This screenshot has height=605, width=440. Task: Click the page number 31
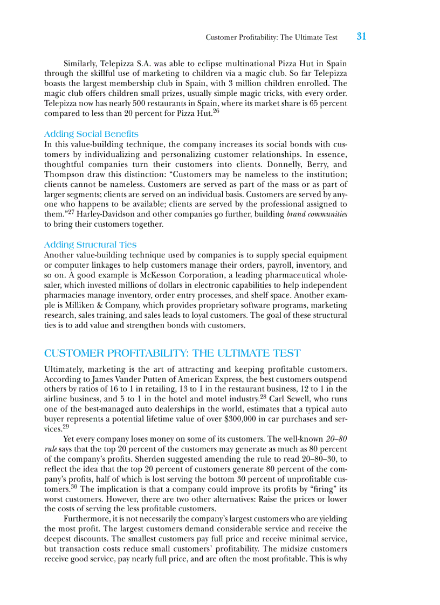click(361, 37)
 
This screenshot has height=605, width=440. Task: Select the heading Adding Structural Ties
click(90, 244)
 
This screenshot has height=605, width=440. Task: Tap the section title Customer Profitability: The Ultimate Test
click(172, 353)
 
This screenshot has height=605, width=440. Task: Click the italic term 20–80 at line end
click(336, 439)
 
